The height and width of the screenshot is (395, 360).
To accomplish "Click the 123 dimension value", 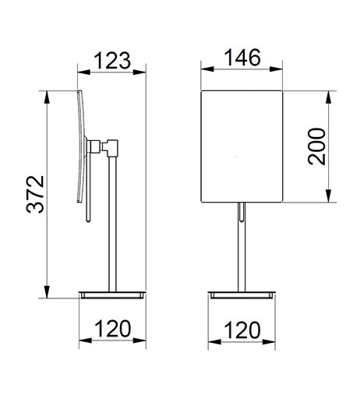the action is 112,61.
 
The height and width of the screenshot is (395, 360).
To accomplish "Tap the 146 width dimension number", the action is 242,58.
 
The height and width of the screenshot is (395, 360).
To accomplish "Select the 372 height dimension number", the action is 35,195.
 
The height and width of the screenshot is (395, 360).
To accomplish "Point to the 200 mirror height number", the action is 316,146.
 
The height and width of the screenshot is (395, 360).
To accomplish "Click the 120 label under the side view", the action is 113,329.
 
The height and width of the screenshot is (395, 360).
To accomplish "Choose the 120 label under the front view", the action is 242,330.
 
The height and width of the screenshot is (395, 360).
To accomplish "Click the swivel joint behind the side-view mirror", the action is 103,147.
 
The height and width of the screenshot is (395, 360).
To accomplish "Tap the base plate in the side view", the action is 112,295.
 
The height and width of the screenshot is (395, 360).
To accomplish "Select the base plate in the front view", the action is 242,295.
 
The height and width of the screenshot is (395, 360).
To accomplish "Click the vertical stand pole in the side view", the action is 112,224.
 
